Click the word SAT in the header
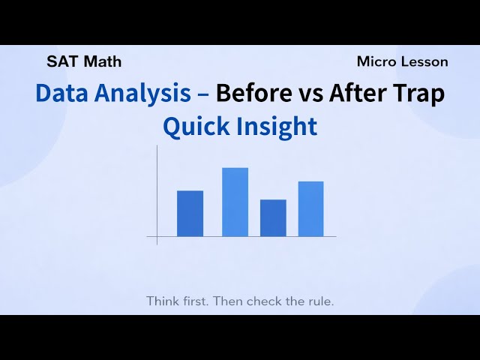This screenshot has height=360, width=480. pyautogui.click(x=60, y=61)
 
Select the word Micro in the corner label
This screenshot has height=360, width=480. pyautogui.click(x=376, y=61)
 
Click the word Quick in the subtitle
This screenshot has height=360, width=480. pyautogui.click(x=196, y=127)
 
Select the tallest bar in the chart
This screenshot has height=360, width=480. pyautogui.click(x=235, y=202)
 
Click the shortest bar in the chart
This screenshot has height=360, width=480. pyautogui.click(x=273, y=217)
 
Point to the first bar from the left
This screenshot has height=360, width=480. pyautogui.click(x=190, y=213)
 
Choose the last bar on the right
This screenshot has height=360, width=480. pyautogui.click(x=310, y=208)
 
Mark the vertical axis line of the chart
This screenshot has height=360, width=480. pyautogui.click(x=157, y=195)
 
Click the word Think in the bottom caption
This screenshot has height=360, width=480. pyautogui.click(x=163, y=301)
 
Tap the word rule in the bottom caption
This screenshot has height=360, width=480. pyautogui.click(x=317, y=301)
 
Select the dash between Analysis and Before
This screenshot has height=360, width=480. pyautogui.click(x=202, y=94)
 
